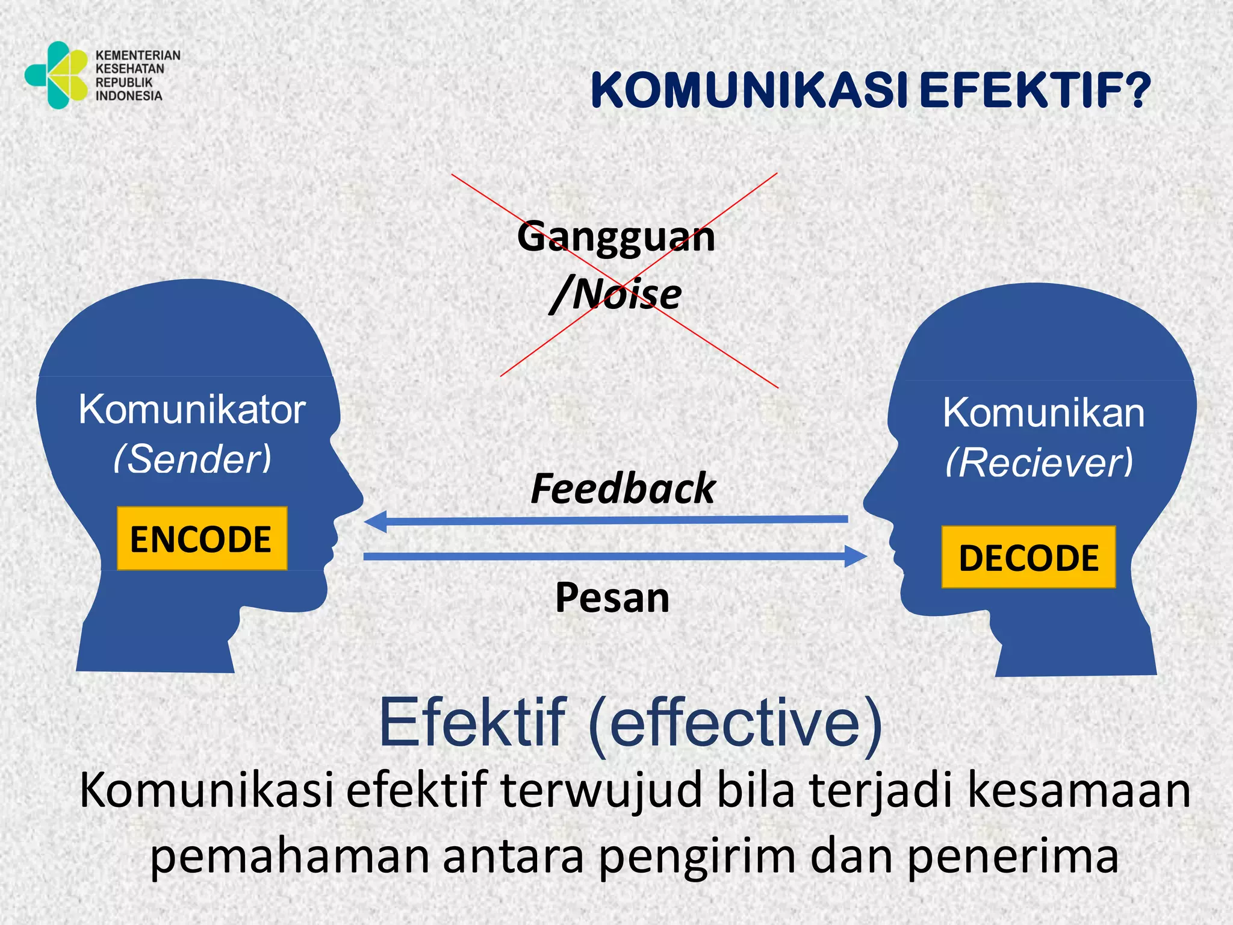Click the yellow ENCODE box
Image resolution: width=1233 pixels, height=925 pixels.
[x=201, y=538]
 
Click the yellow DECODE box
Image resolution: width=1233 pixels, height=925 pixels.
[x=1028, y=557]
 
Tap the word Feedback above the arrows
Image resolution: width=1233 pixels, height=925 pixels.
[x=623, y=488]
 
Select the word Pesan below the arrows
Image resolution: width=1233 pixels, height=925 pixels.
[x=612, y=597]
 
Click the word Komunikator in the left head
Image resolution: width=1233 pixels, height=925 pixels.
[x=192, y=410]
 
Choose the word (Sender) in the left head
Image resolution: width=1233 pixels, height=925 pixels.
[x=193, y=459]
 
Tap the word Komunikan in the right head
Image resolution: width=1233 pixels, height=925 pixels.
[x=1043, y=413]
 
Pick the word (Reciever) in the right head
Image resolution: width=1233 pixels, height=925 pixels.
[x=1040, y=462]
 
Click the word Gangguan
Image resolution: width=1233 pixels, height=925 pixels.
[x=616, y=236]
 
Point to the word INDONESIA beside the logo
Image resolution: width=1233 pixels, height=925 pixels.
[x=129, y=96]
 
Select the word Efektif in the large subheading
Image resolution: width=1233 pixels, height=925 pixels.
[x=473, y=722]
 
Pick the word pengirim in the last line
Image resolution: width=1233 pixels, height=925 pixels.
[x=698, y=856]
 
